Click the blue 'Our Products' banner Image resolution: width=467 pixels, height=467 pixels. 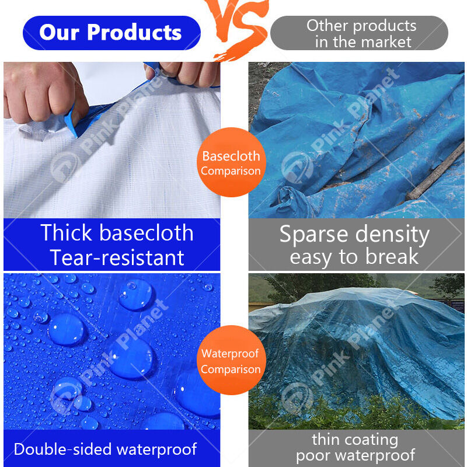point(111,33)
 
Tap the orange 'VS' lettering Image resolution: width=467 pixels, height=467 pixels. point(236,26)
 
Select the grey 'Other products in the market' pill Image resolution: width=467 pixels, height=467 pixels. point(360,33)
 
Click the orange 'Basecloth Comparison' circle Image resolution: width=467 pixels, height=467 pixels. point(231,163)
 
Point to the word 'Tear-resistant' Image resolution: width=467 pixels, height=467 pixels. point(117,257)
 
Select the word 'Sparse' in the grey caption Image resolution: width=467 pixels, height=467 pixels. point(313,234)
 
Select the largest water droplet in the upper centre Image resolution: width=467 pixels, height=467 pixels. point(136,295)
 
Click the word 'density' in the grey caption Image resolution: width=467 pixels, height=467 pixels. point(394,234)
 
